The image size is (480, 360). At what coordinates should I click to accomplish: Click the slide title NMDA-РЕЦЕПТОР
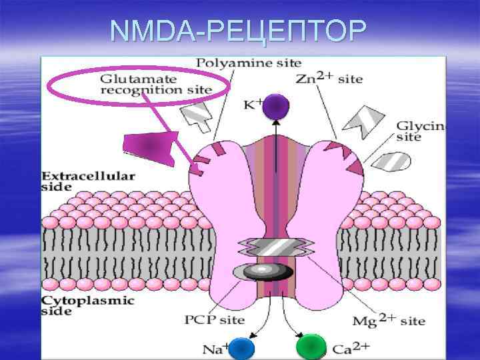pos(238,30)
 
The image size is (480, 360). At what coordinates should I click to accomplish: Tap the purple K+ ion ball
pos(275,105)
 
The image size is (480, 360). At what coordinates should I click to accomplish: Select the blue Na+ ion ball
pos(242,348)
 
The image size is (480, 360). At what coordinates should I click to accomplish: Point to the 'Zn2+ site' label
pos(329,78)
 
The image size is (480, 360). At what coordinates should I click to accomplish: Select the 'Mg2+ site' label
pos(389,320)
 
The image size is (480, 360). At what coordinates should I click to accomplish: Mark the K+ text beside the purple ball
pos(252,105)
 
